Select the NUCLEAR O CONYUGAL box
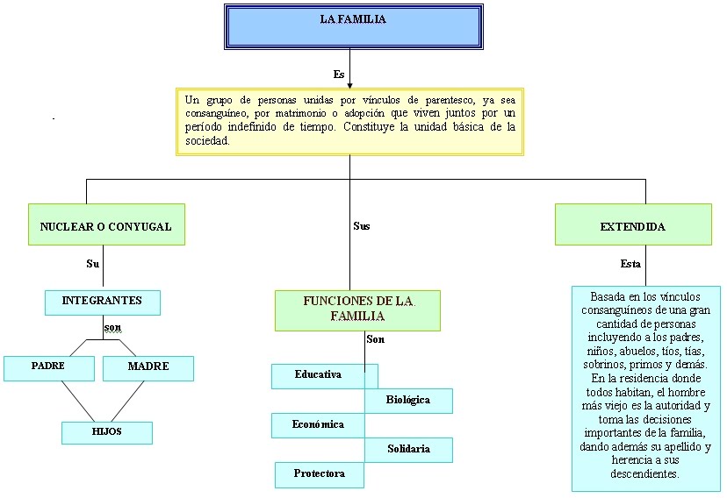106,225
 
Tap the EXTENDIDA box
633,225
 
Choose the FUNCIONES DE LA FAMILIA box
357,309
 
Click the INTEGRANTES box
102,302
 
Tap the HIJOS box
106,432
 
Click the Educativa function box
319,375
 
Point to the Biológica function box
408,401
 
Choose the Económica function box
318,425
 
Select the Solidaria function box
408,450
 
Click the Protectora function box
319,474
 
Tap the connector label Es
339,74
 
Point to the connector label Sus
362,226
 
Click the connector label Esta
630,264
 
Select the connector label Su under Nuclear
92,264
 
